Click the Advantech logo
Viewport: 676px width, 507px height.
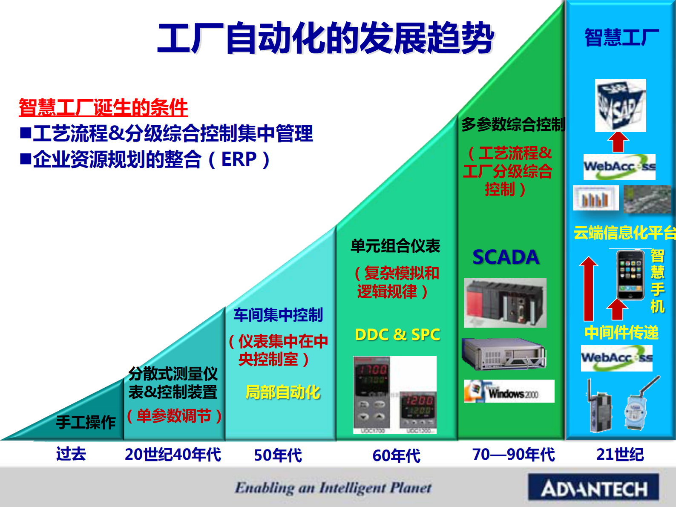click(593, 488)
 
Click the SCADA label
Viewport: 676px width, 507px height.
click(506, 257)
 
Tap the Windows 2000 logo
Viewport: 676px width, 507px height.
click(509, 391)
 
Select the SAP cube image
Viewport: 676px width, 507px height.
click(620, 105)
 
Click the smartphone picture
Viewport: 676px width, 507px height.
click(630, 275)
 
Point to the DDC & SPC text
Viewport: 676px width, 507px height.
click(397, 335)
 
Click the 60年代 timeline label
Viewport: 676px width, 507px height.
click(396, 455)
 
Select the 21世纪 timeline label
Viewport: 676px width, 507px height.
click(620, 455)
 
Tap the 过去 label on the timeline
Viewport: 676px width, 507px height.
click(71, 454)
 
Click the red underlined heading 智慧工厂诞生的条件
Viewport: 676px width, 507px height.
click(103, 107)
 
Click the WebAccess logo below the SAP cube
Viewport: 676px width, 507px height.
click(619, 167)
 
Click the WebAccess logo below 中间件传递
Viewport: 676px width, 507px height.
click(616, 358)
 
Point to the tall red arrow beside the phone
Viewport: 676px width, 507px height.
click(589, 290)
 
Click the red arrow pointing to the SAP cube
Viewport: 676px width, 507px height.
click(618, 142)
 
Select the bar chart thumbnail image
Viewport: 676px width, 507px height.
click(595, 198)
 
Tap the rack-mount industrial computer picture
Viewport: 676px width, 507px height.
click(504, 354)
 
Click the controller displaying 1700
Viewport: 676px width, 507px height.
click(371, 394)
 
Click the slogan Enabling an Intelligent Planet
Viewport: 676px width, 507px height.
click(333, 487)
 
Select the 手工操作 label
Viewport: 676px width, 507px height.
click(86, 422)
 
